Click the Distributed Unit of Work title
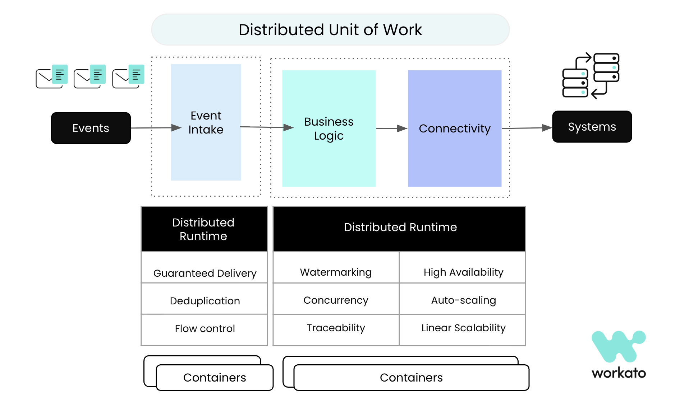(330, 30)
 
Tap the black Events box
(91, 128)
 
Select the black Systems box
(592, 127)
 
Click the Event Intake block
(206, 122)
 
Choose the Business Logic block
(328, 128)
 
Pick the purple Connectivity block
(455, 128)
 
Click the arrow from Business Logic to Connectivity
(391, 128)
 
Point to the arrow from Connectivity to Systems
(527, 128)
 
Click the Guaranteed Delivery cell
(205, 273)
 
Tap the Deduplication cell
(205, 300)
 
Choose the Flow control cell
(205, 328)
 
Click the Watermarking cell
(336, 272)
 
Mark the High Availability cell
(463, 272)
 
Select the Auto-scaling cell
(463, 300)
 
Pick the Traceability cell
(336, 328)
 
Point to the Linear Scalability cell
(463, 328)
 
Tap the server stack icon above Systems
(591, 75)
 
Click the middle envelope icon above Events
(89, 76)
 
